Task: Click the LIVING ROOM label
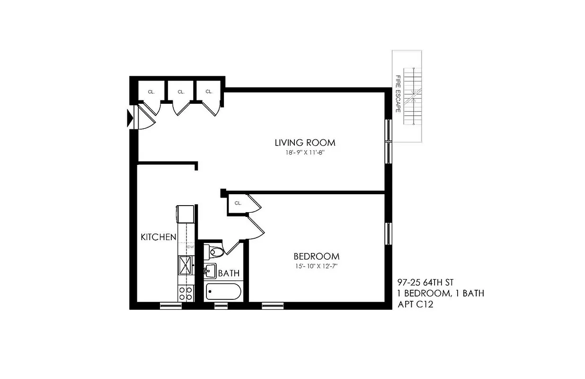point(305,142)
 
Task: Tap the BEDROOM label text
point(317,257)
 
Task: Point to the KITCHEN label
point(159,237)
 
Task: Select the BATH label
point(229,273)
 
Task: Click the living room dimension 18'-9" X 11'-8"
point(305,153)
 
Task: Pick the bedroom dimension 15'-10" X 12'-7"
point(317,266)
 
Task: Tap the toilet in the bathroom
point(214,252)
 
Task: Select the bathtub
point(224,292)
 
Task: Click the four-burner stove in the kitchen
point(186,294)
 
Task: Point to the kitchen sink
point(186,266)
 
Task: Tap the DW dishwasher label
point(191,247)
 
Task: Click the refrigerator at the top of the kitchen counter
point(186,213)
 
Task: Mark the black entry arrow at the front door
point(130,118)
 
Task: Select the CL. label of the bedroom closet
point(238,203)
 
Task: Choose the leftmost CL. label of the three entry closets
point(151,92)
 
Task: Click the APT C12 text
point(415,305)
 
